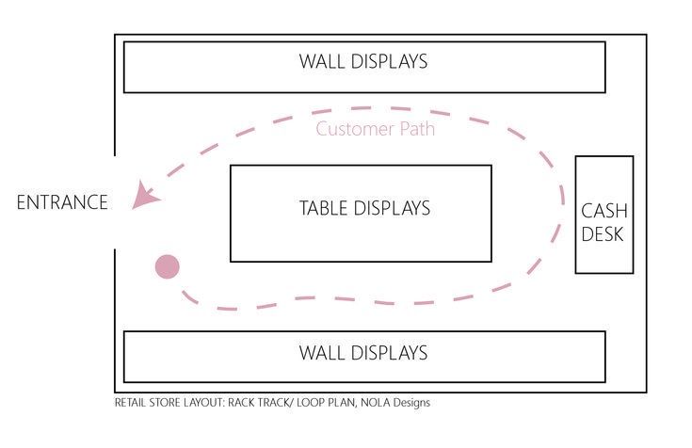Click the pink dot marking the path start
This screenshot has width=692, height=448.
[167, 267]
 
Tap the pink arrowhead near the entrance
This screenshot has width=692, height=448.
[144, 196]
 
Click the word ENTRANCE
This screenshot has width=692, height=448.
[62, 201]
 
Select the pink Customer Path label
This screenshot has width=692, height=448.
[375, 129]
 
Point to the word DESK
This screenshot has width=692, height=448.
[603, 234]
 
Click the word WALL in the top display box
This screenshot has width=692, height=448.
[323, 62]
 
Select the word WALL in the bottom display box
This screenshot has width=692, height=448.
[323, 353]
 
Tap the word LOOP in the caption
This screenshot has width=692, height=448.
[310, 403]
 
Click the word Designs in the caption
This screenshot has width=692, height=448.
[410, 403]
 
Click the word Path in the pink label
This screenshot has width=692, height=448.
[414, 129]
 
